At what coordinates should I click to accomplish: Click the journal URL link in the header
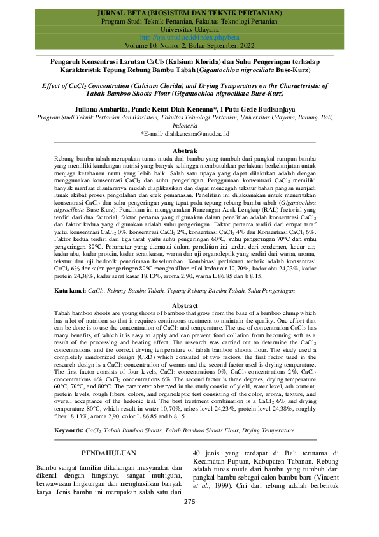pos(189,38)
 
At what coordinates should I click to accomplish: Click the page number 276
pos(189,520)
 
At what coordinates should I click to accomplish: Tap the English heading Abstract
pos(189,306)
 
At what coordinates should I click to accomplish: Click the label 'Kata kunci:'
pos(69,290)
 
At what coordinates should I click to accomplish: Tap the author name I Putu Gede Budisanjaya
pos(259,108)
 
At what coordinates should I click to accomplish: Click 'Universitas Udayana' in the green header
pos(189,29)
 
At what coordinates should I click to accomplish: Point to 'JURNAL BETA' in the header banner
pos(124,13)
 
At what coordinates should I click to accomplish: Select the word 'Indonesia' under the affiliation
pos(189,126)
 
